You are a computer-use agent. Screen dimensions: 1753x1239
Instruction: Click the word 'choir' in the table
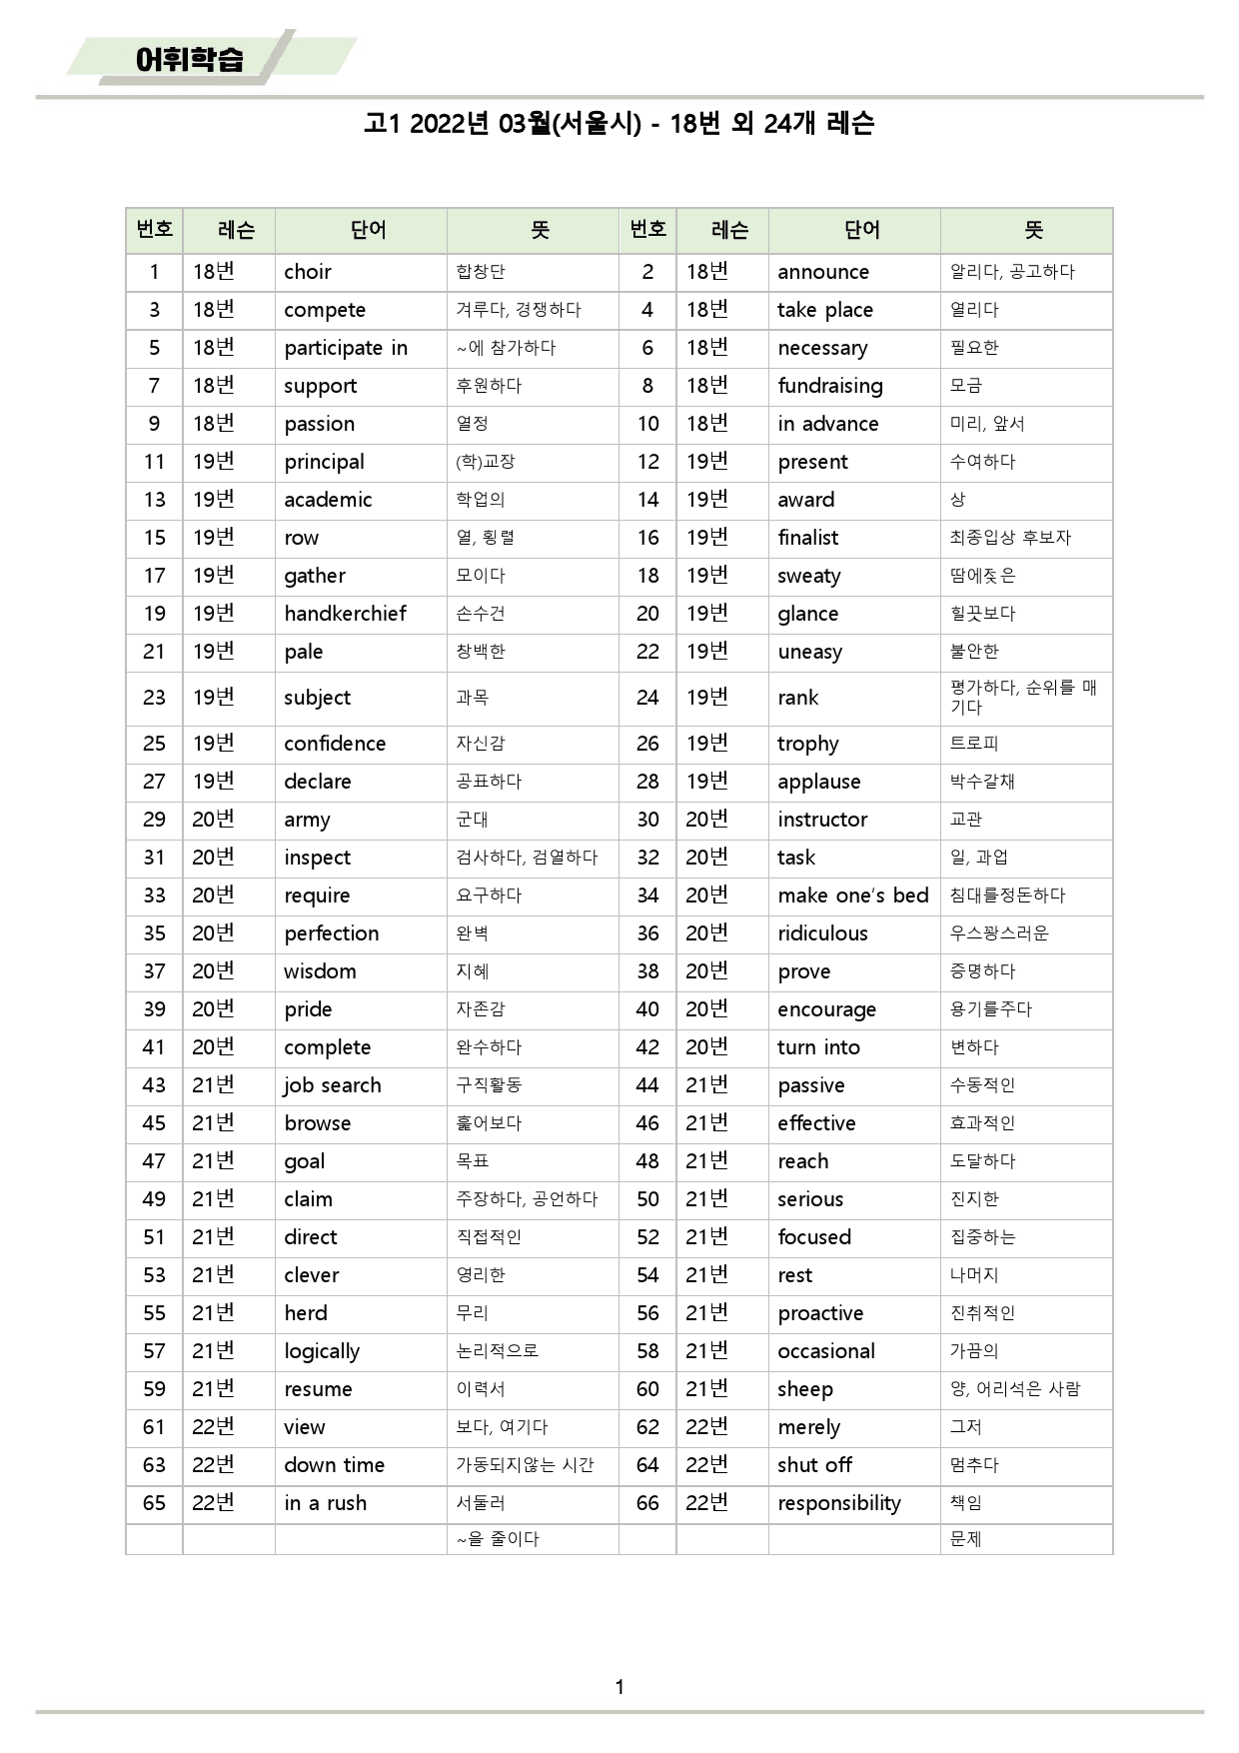308,272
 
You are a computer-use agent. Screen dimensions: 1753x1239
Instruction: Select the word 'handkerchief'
345,614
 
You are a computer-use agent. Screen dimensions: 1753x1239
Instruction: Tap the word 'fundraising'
829,386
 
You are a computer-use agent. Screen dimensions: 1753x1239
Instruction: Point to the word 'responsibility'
838,1503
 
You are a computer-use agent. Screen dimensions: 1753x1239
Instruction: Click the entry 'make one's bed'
852,895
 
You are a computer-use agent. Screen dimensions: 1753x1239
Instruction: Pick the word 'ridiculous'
822,933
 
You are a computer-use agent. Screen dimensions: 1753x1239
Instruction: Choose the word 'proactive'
820,1313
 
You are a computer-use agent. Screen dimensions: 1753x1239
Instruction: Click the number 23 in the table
154,698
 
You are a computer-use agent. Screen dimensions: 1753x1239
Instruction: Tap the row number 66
647,1503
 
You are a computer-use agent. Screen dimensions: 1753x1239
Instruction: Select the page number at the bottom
619,1687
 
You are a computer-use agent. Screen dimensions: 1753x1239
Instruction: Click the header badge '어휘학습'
190,59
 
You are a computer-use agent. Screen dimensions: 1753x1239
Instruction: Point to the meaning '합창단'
481,272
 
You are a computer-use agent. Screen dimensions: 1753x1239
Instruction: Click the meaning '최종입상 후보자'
1009,538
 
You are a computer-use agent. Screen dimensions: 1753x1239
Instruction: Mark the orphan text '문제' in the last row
965,1539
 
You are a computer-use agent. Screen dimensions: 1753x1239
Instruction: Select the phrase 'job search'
332,1085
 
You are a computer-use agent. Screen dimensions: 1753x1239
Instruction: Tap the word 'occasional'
825,1351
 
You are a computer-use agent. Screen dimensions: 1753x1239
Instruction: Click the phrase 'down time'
334,1465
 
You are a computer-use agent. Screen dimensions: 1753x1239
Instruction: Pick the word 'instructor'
822,820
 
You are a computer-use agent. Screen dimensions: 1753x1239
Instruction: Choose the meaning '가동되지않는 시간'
525,1465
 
